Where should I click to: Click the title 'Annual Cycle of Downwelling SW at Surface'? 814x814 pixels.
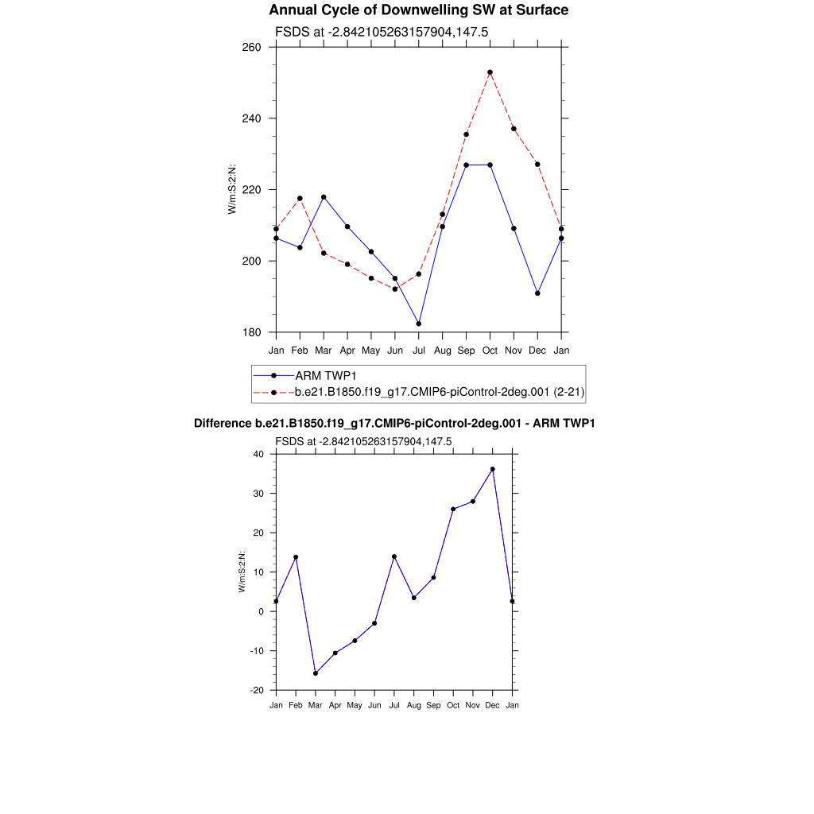tap(418, 10)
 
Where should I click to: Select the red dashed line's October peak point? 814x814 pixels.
tap(490, 72)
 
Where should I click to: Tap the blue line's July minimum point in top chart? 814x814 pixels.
tap(419, 324)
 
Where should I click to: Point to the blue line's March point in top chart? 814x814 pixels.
tap(324, 197)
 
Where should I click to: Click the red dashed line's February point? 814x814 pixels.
tap(300, 198)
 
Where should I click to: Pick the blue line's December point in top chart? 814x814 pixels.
tap(537, 293)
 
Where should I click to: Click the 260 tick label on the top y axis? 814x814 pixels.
tap(252, 47)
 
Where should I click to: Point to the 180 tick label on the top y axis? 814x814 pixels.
tap(252, 332)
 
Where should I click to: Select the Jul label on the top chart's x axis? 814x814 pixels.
tap(419, 350)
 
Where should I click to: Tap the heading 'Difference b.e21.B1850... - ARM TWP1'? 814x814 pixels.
tap(394, 424)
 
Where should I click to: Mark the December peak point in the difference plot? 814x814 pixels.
tap(493, 469)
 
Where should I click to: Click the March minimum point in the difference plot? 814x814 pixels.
tap(316, 673)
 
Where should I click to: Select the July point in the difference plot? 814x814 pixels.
tap(394, 556)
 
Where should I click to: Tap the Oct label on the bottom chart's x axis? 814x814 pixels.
tap(453, 705)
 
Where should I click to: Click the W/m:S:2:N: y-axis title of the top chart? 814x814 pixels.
tap(232, 189)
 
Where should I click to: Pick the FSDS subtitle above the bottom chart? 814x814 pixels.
tap(363, 441)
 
